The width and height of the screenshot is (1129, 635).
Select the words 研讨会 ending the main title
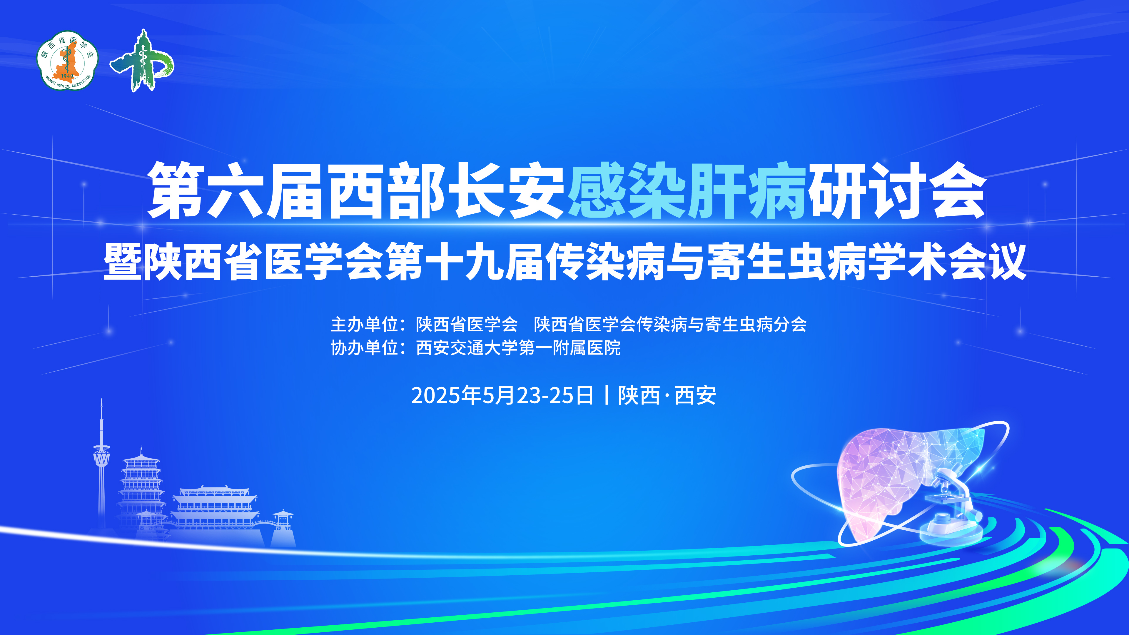[897, 190]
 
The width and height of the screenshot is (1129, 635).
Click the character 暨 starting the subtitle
[122, 262]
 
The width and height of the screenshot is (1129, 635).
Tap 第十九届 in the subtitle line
[465, 262]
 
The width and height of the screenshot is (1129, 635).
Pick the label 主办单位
[364, 324]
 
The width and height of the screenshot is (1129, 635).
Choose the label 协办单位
[364, 348]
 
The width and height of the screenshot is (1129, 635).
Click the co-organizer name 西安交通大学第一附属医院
[518, 348]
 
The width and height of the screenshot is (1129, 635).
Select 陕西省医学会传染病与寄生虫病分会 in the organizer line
[670, 324]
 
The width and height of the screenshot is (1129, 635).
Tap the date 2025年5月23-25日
[502, 395]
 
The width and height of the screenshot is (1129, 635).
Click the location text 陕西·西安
[667, 395]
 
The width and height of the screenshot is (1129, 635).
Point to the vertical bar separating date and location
[606, 395]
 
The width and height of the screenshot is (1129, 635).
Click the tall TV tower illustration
[102, 464]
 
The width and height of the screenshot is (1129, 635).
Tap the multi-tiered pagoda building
[141, 491]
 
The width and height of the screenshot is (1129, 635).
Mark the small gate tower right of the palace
[283, 528]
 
